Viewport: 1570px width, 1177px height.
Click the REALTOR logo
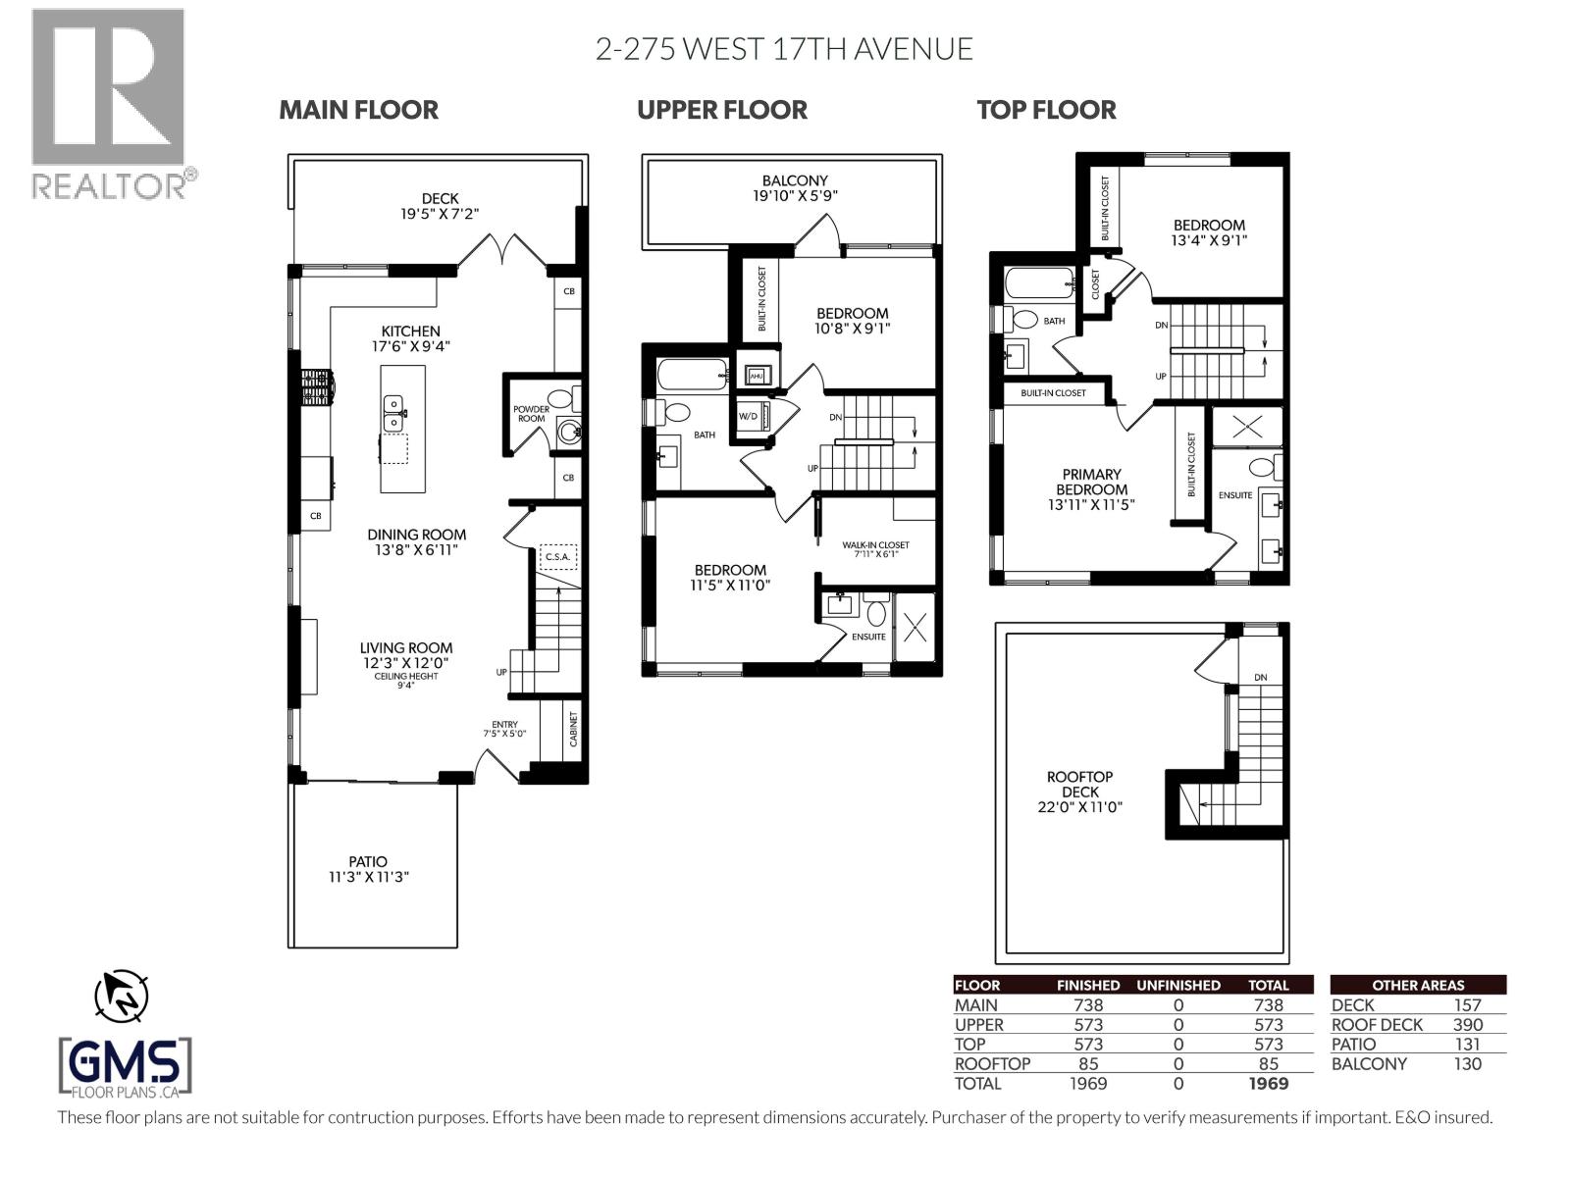[x=108, y=103]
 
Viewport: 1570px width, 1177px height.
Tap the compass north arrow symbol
[x=121, y=997]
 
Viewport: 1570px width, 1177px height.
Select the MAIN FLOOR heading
[x=358, y=110]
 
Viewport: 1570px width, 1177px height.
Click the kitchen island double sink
[x=392, y=413]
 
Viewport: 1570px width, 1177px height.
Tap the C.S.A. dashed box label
[x=557, y=557]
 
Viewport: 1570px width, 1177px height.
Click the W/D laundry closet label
[x=748, y=416]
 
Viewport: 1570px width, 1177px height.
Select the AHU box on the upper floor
[x=757, y=375]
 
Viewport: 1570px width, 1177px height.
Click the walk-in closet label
[x=875, y=548]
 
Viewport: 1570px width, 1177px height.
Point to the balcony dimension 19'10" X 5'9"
[x=795, y=195]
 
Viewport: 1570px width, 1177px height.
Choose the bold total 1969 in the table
[x=1268, y=1084]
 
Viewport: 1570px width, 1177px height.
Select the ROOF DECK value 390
[x=1467, y=1025]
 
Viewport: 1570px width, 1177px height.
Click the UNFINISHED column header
[x=1177, y=985]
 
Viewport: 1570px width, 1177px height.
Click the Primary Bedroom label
[x=1091, y=482]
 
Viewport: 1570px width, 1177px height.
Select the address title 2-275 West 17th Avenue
[x=784, y=49]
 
